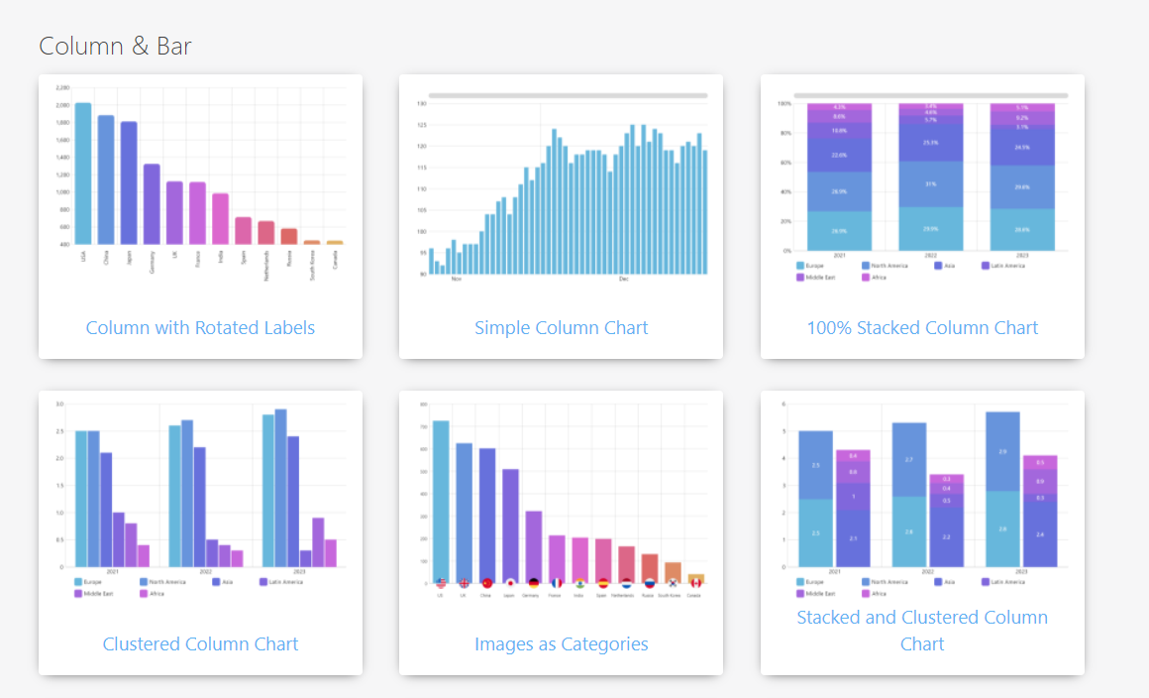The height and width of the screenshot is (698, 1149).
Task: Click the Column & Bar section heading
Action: tap(115, 46)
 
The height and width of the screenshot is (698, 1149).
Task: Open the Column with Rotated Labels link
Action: tap(200, 327)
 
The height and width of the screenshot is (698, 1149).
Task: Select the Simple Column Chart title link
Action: tap(561, 327)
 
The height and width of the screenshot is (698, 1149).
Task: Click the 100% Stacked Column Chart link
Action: tap(922, 327)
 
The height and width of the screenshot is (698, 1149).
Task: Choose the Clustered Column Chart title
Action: tap(200, 643)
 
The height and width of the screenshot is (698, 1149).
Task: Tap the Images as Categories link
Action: tap(561, 643)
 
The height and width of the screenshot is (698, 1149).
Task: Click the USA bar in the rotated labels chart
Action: tap(83, 174)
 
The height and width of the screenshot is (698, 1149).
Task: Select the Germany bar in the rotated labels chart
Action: tap(152, 204)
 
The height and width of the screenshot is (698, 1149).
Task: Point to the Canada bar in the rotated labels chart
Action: tap(335, 242)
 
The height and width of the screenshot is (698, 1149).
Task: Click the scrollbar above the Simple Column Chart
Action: tap(568, 96)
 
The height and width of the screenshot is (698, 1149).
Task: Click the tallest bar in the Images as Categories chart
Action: tap(441, 501)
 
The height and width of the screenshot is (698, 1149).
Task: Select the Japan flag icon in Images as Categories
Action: tap(510, 583)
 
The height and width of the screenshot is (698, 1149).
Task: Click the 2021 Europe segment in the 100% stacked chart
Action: tap(839, 230)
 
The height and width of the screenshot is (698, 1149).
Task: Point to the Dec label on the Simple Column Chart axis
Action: tap(623, 280)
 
